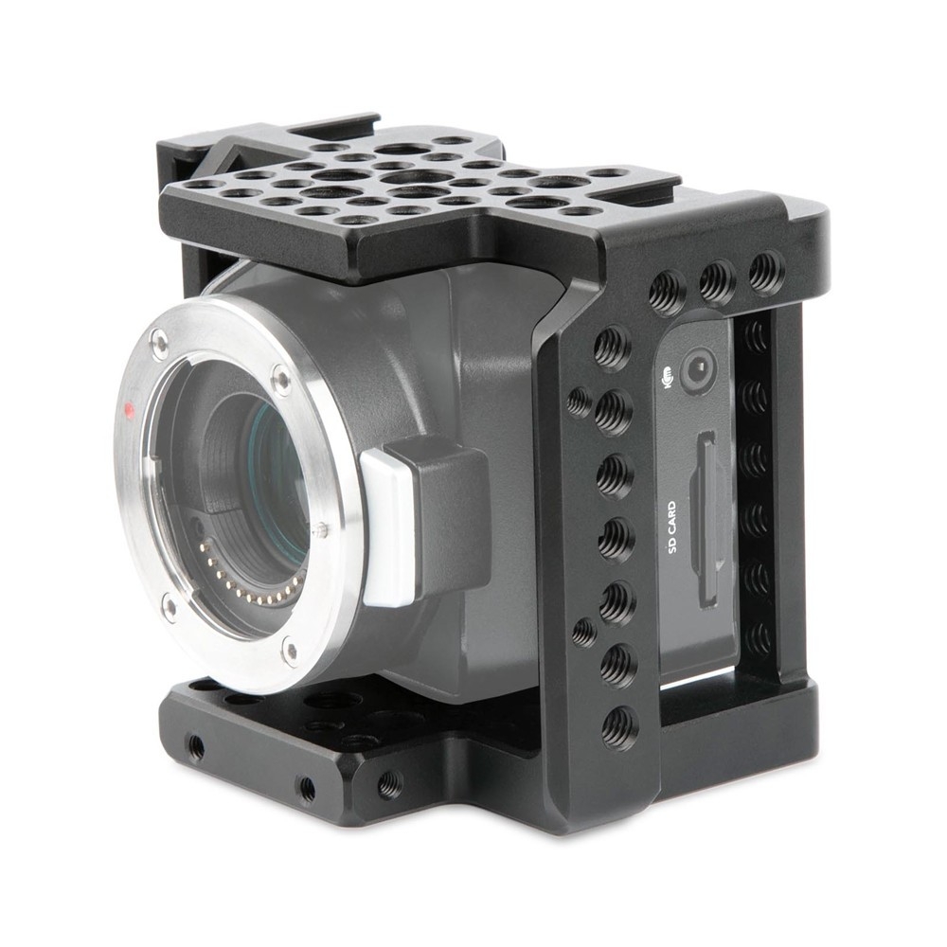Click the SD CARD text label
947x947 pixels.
coord(672,528)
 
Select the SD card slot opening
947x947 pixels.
coord(706,519)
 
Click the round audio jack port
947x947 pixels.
coord(699,368)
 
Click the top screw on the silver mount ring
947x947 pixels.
coord(160,343)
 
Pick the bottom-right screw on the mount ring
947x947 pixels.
coord(291,652)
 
